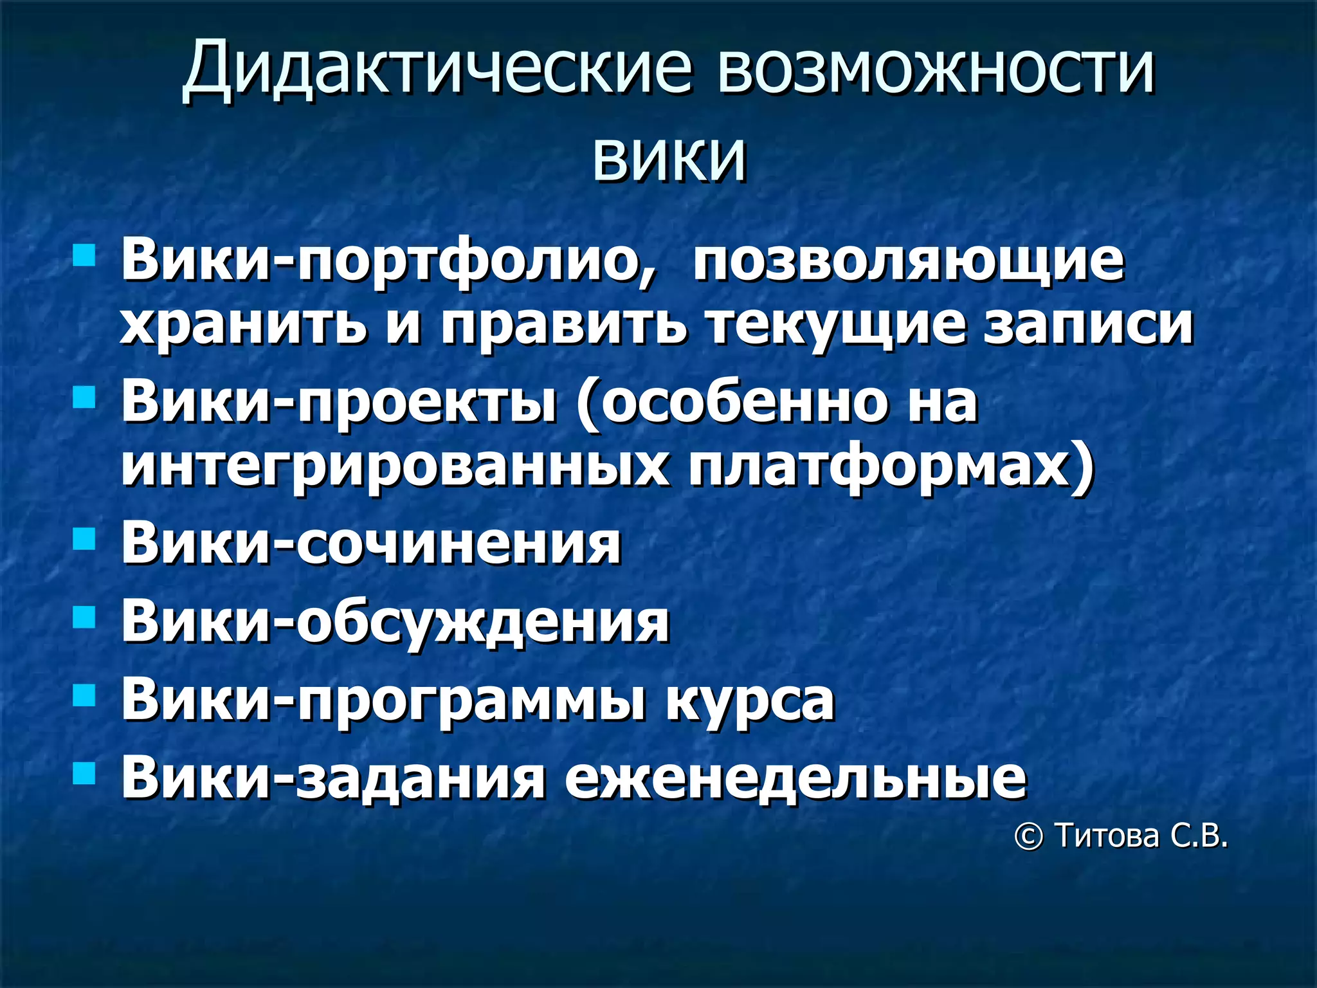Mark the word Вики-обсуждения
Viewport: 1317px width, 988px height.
pos(395,622)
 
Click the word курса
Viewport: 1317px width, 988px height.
pos(750,700)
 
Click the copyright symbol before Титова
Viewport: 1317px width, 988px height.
pos(1028,837)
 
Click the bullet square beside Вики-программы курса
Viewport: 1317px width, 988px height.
pos(84,695)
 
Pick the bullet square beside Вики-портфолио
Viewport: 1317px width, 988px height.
pos(84,255)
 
